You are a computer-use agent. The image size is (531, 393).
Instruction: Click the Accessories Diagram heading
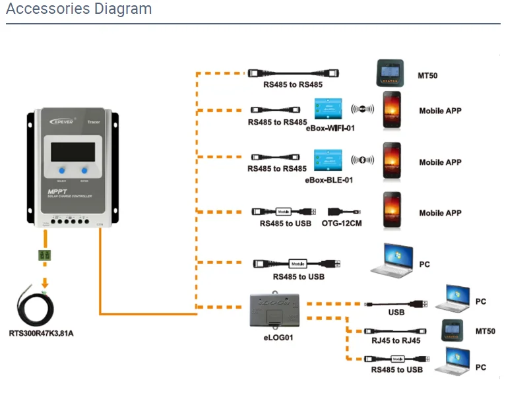(79, 9)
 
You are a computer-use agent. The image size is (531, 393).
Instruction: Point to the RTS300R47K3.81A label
(41, 333)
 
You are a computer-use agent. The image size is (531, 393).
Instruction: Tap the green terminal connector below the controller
(45, 255)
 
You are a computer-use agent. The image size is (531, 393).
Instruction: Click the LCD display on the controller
(73, 150)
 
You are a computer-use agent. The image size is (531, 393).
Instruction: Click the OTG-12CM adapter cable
(344, 212)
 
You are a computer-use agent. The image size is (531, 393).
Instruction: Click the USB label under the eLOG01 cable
(396, 313)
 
